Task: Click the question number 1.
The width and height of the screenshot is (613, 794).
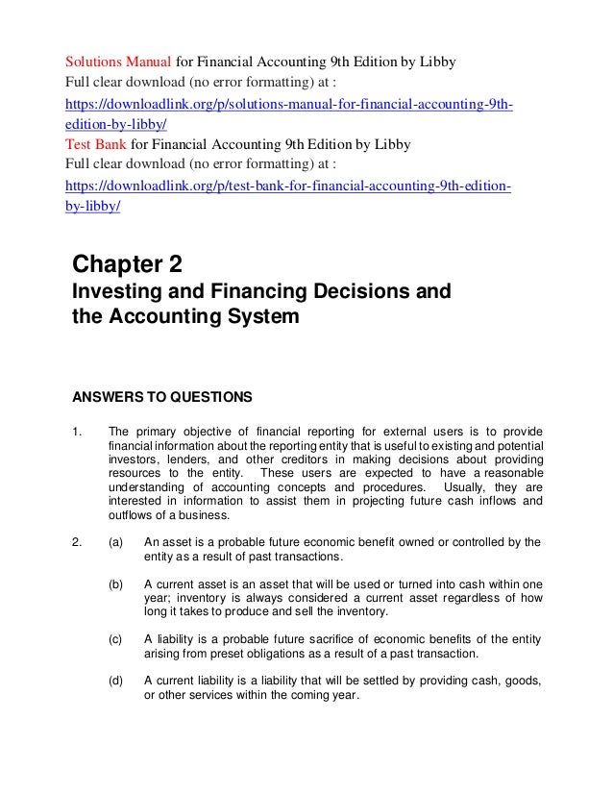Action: (78, 430)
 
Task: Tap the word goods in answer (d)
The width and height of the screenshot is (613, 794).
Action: (520, 682)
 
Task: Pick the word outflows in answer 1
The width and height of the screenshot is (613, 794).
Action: (134, 515)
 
